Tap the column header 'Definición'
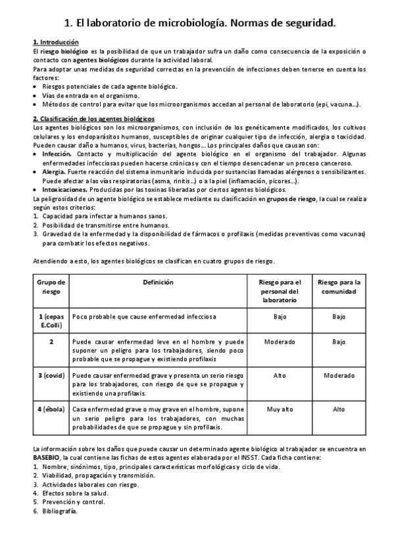pyautogui.click(x=158, y=282)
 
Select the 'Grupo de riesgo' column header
pyautogui.click(x=51, y=287)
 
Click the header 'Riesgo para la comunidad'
pyautogui.click(x=339, y=287)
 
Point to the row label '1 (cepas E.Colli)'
pyautogui.click(x=51, y=321)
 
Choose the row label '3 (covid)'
pyautogui.click(x=51, y=374)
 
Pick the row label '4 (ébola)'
pyautogui.click(x=51, y=409)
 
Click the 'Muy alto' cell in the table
pyautogui.click(x=280, y=409)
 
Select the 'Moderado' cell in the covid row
pyautogui.click(x=339, y=374)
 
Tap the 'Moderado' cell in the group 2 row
pyautogui.click(x=280, y=342)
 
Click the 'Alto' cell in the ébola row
pyautogui.click(x=339, y=409)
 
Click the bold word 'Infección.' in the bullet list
pyautogui.click(x=57, y=152)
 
